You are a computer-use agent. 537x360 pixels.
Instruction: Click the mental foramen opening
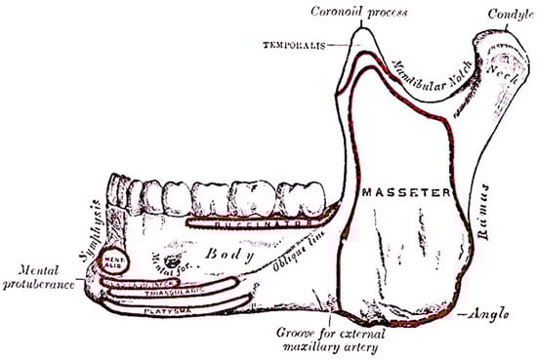pos(174,260)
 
